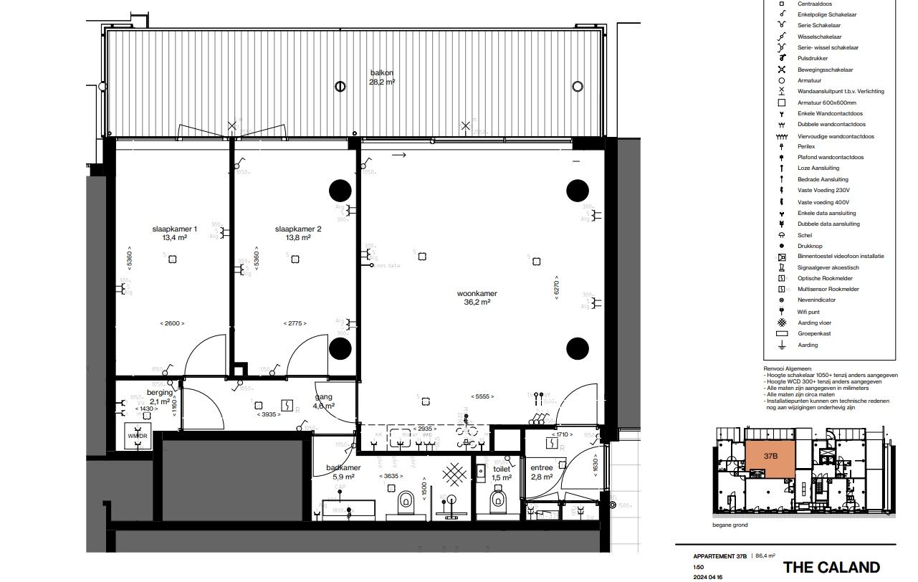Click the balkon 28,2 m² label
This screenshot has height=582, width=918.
pyautogui.click(x=381, y=77)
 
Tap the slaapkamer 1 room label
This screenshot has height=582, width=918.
pyautogui.click(x=174, y=233)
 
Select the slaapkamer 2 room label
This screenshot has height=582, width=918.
pyautogui.click(x=298, y=233)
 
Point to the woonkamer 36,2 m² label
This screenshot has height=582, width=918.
pyautogui.click(x=477, y=297)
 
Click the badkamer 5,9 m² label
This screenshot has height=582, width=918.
pyautogui.click(x=343, y=471)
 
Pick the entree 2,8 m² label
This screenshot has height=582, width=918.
pyautogui.click(x=541, y=472)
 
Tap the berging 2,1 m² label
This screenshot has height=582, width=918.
pyautogui.click(x=160, y=397)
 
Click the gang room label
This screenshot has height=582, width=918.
pyautogui.click(x=324, y=401)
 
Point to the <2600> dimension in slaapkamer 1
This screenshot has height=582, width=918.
pyautogui.click(x=171, y=323)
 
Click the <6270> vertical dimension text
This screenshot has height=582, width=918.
pyautogui.click(x=555, y=288)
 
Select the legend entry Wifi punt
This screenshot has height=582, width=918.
pyautogui.click(x=808, y=312)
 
